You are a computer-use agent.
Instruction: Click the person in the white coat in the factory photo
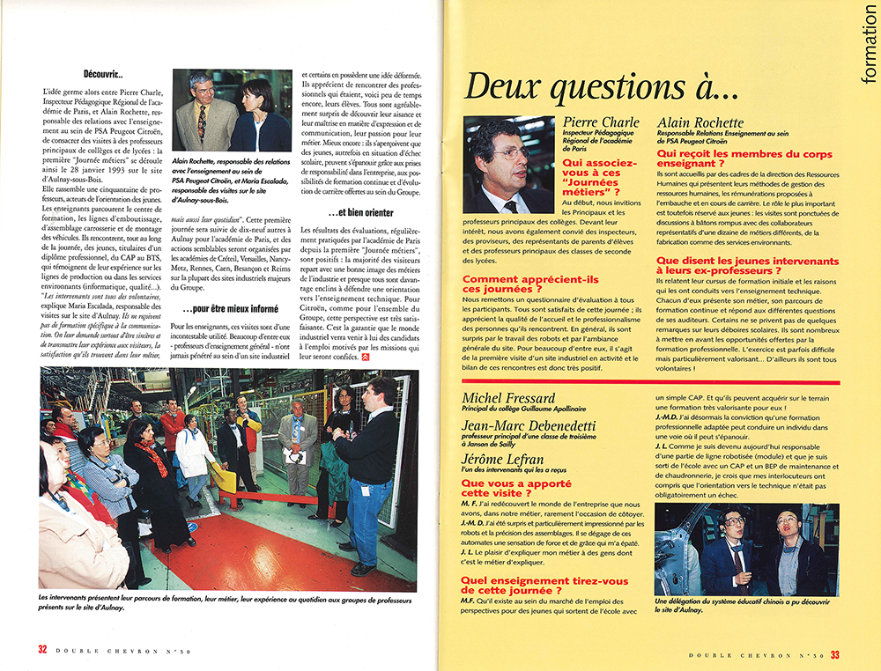click(193, 445)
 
